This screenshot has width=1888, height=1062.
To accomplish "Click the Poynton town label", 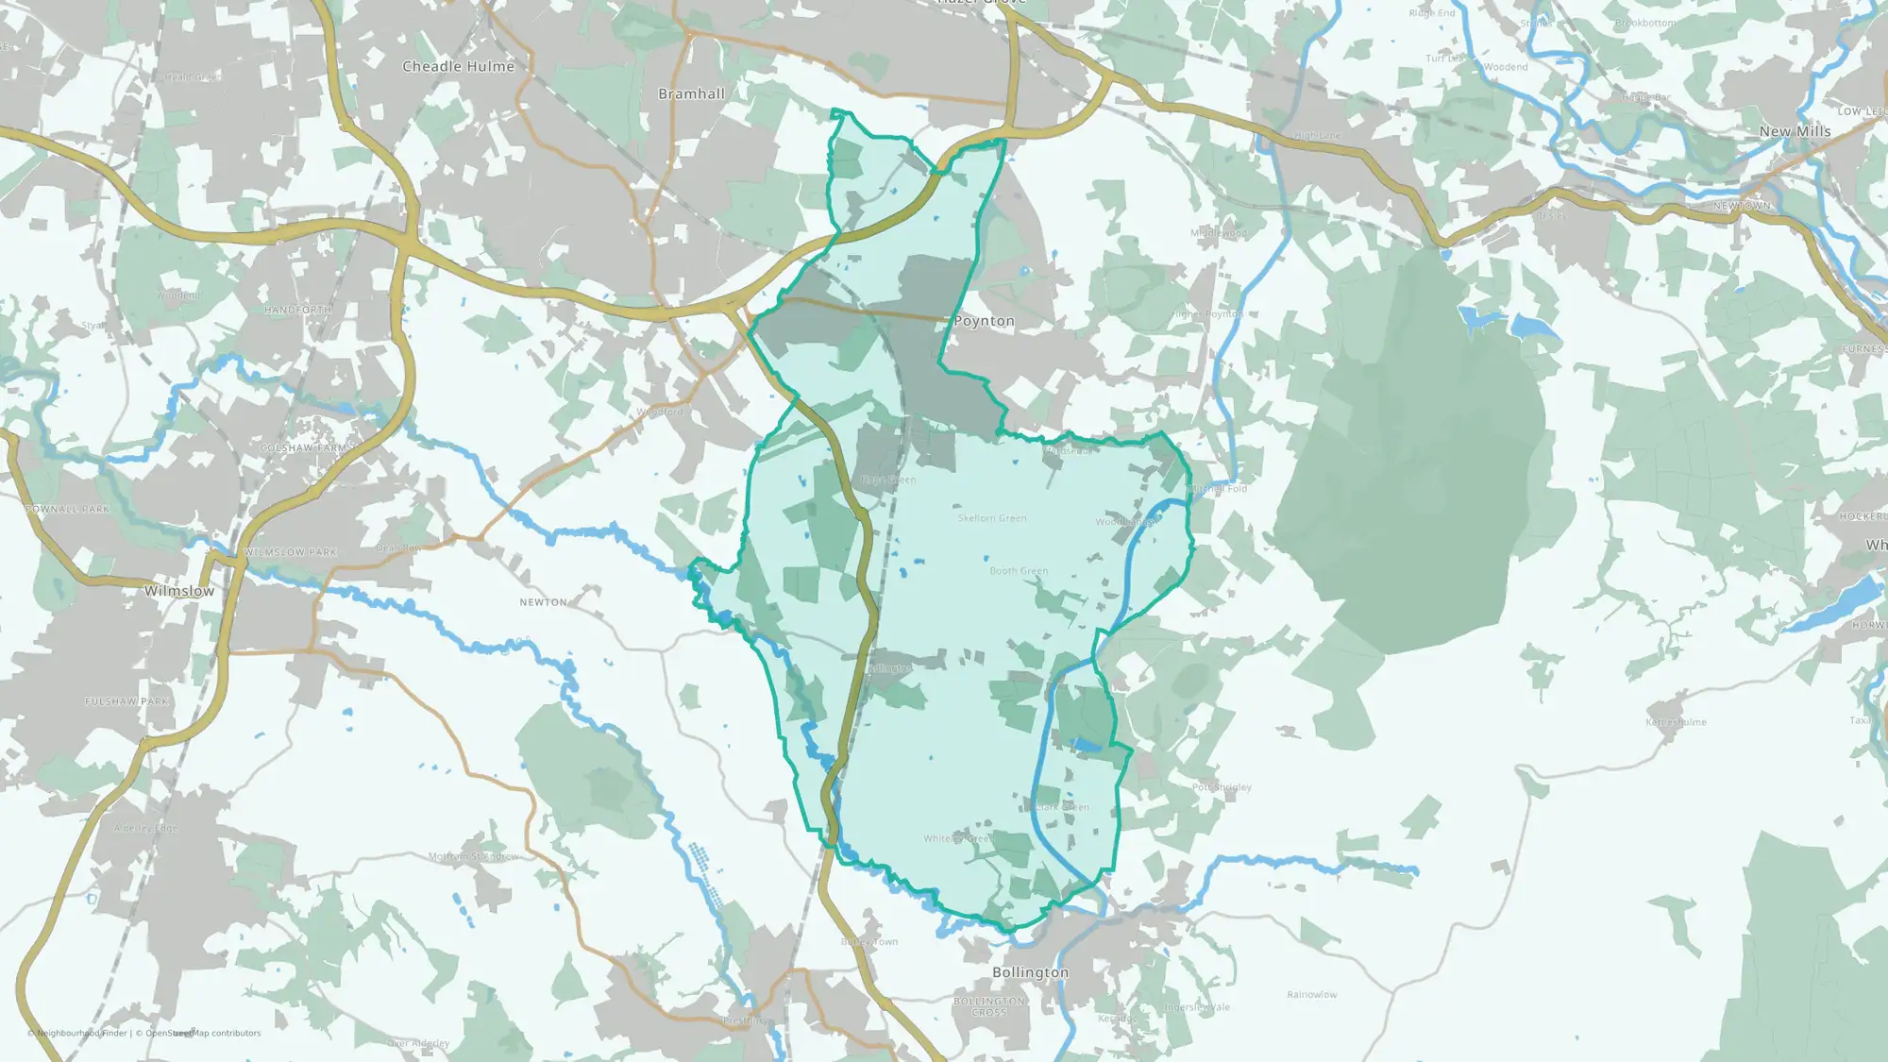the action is point(984,321).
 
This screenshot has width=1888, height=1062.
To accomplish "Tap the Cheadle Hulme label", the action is point(458,66).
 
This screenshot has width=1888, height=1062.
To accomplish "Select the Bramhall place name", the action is point(691,93).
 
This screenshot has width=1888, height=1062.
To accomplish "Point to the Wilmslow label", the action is point(178,591).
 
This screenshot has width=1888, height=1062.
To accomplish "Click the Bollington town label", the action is point(1030,972).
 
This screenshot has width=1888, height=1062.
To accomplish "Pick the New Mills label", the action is point(1795,131).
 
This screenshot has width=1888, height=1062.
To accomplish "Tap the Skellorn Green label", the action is point(991,518).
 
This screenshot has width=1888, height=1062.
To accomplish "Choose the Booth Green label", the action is point(1018,571).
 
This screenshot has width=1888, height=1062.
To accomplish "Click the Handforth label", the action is point(297,310).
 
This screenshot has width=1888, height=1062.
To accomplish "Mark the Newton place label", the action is point(543,602).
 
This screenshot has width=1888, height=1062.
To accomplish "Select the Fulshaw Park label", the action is point(126,701).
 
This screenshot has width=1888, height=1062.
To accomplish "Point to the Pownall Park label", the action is point(67,509).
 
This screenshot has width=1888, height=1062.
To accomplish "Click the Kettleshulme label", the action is point(1676,722).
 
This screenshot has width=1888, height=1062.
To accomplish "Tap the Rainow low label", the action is point(1311,994).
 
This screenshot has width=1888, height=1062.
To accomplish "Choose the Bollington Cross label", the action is point(988,1006).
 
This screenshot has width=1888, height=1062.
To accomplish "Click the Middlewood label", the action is point(1218,232).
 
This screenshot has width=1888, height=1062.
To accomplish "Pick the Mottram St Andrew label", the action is point(473,856).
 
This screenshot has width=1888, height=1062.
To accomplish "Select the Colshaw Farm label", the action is point(304,447).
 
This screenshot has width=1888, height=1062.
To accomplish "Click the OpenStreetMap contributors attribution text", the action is point(202,1033).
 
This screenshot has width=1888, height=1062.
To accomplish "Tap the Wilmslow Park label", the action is point(290,552).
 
